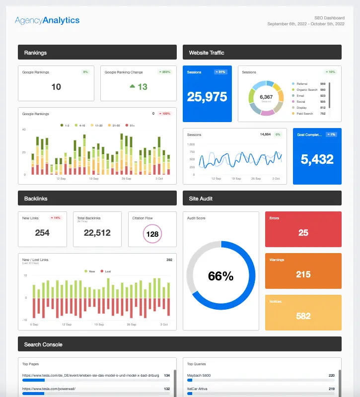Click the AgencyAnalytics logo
[x=47, y=20]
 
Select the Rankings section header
[x=97, y=52]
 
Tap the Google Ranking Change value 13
[x=139, y=87]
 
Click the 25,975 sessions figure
[x=207, y=97]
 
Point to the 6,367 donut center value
[x=266, y=97]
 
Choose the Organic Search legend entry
[x=307, y=90]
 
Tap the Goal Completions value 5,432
[x=317, y=159]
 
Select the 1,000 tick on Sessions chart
[x=191, y=144]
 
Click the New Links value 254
[x=42, y=232]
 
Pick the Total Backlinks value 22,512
[x=97, y=232]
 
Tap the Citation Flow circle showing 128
[x=152, y=234]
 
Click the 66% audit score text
[x=220, y=276]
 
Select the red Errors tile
[x=303, y=229]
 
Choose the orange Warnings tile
[x=303, y=270]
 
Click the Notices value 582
[x=303, y=316]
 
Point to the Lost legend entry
[x=106, y=271]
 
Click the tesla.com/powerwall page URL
[x=48, y=389]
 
